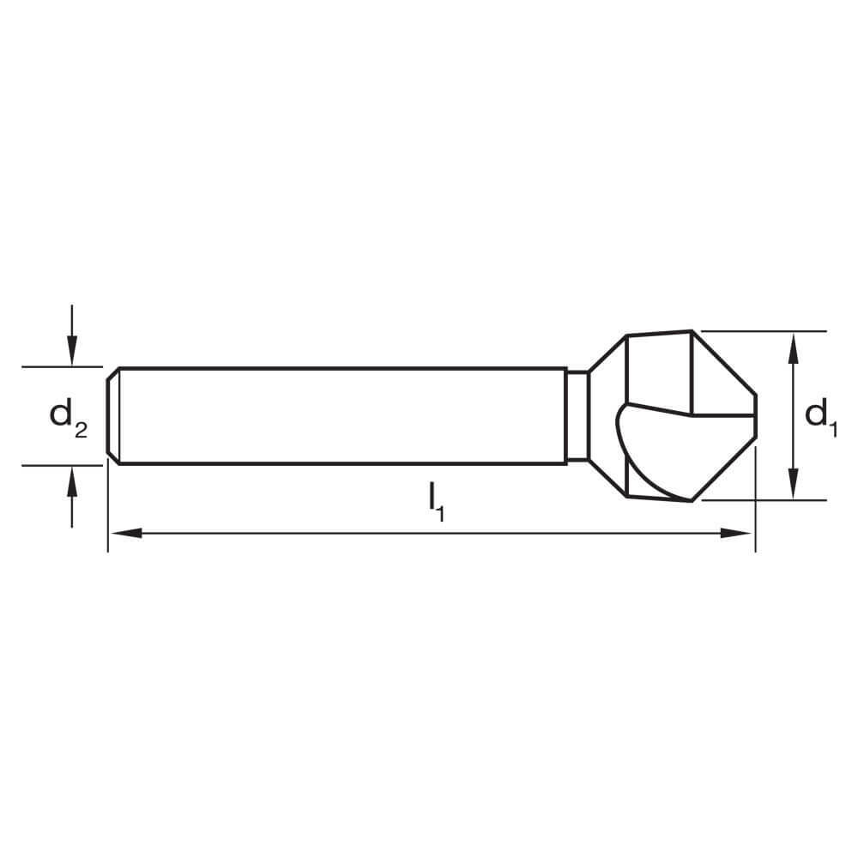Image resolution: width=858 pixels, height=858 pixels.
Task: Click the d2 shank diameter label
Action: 68,417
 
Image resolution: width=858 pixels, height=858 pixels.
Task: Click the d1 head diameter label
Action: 820,417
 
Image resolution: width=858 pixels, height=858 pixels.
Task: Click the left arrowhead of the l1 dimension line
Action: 124,533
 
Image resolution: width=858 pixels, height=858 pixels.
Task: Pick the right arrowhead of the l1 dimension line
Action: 738,533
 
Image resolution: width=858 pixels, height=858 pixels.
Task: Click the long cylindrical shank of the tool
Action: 343,416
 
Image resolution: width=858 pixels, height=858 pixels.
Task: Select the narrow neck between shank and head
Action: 577,416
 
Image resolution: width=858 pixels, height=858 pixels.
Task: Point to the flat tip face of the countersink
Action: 755,416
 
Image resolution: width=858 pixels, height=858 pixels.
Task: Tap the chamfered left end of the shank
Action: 112,416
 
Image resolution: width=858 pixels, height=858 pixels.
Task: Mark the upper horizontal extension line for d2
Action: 60,367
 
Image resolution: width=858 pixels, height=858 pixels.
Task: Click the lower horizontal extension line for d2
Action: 60,465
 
